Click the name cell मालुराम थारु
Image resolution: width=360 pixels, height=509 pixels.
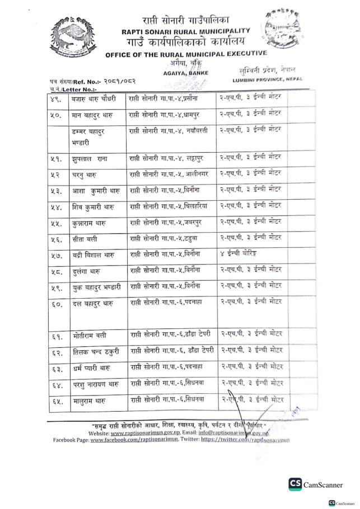pyautogui.click(x=82, y=400)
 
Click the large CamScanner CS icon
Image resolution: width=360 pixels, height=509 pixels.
pyautogui.click(x=295, y=484)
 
